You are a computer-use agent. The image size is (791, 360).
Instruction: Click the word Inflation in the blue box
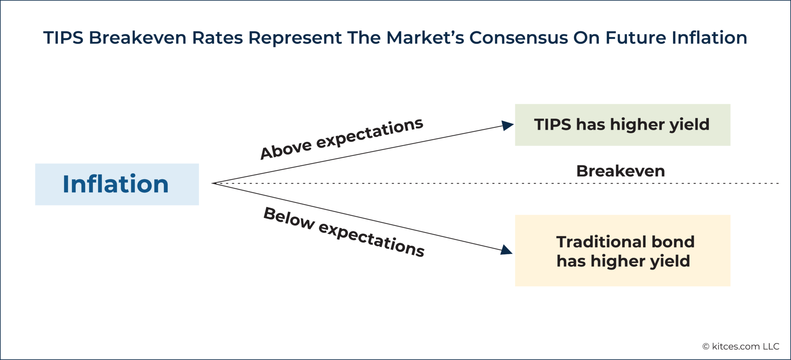pos(115,184)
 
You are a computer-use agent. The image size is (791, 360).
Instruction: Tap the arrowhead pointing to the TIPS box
pos(507,125)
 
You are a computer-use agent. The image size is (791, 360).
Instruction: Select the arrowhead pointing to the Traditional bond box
pos(506,250)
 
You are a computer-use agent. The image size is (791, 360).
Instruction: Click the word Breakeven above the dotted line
pos(620,171)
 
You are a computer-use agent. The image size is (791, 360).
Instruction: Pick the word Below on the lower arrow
pos(289,218)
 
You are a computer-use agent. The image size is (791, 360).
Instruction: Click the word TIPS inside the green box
pos(553,125)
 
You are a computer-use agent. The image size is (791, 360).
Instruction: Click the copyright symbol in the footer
pos(706,347)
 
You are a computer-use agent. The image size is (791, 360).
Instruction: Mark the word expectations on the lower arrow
pos(371,239)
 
